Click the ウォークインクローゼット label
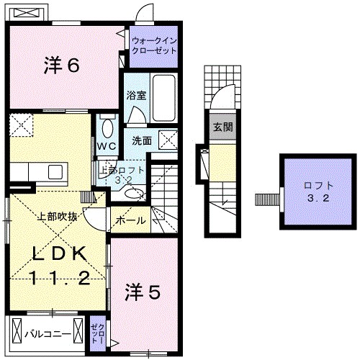point(153,46)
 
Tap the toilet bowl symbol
point(107,128)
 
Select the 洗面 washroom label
point(140,140)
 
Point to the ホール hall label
point(130,220)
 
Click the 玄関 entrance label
point(222,127)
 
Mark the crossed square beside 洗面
point(169,139)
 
